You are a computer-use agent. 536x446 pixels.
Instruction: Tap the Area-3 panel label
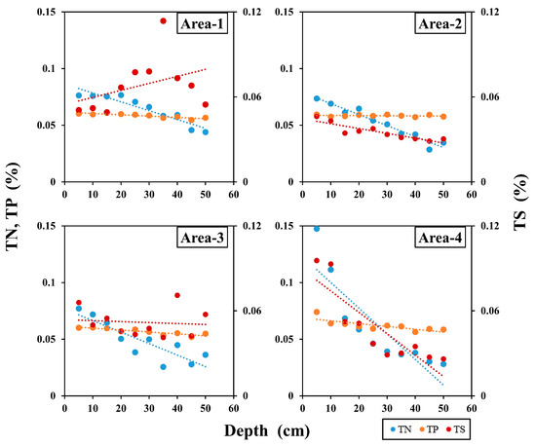[202, 240]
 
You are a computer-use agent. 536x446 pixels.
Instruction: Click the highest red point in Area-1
[163, 21]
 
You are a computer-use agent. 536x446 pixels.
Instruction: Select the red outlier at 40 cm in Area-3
[177, 295]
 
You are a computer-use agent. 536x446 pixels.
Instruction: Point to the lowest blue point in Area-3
[164, 366]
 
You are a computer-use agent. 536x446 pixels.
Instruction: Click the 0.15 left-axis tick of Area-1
[45, 12]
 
